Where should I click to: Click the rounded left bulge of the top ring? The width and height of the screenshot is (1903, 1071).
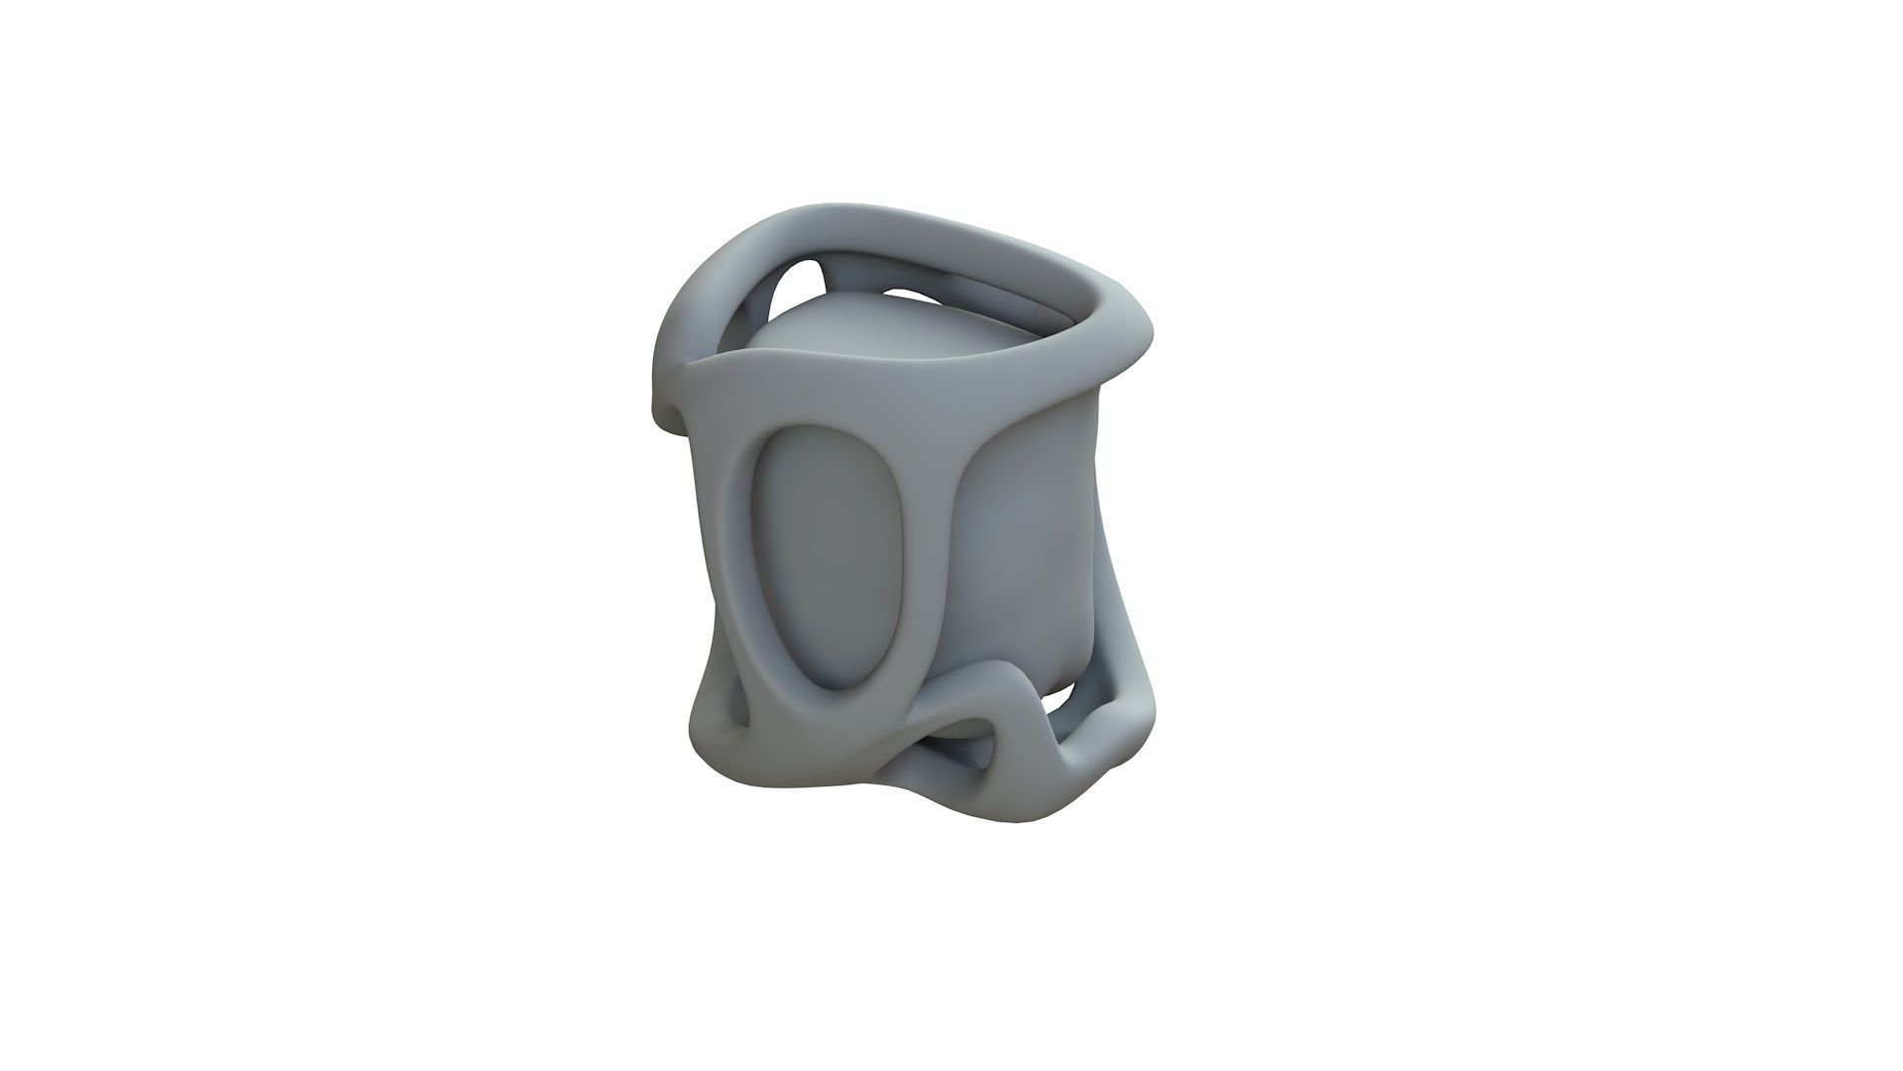click(x=684, y=317)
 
